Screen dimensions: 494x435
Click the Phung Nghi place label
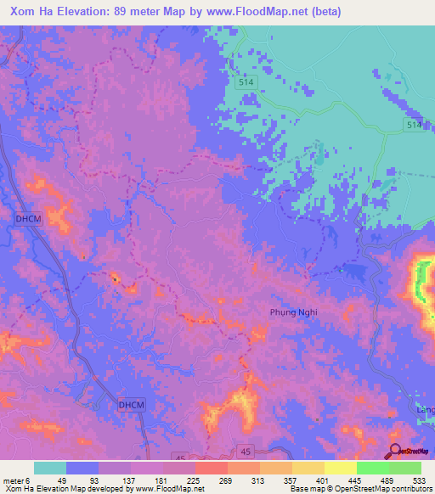pyautogui.click(x=294, y=312)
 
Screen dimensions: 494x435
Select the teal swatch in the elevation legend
pyautogui.click(x=49, y=468)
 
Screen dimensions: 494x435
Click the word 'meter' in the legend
pyautogui.click(x=13, y=480)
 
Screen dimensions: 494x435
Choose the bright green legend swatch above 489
pyautogui.click(x=373, y=468)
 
